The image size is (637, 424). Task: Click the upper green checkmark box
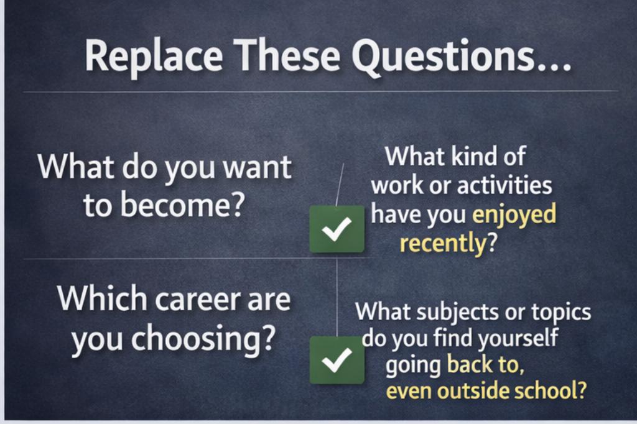337,229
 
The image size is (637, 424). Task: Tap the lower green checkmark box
337,360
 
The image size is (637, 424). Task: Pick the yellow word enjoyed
514,216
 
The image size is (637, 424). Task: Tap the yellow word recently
444,244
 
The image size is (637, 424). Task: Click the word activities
504,185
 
